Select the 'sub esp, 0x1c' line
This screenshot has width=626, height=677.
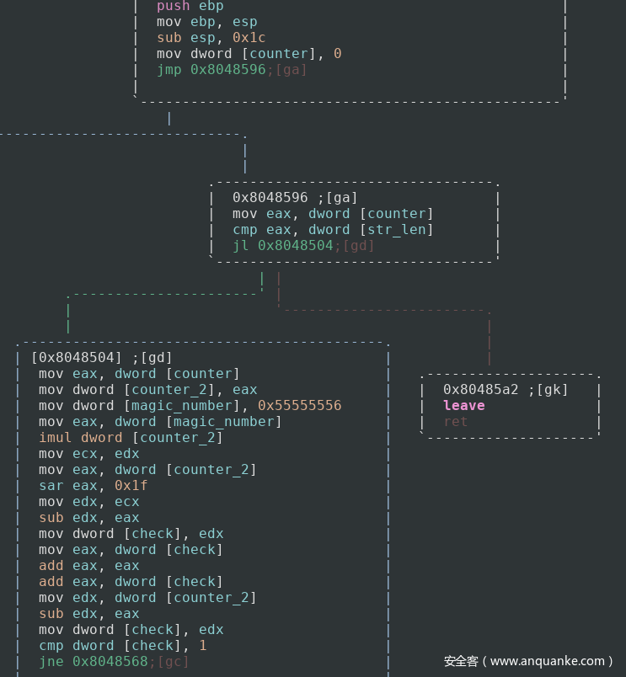211,38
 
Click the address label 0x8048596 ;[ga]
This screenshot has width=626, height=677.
295,198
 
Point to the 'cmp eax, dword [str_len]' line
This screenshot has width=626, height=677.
333,230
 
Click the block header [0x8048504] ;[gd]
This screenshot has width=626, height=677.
101,358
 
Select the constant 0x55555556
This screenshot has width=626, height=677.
299,406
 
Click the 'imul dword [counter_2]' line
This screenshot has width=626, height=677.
131,438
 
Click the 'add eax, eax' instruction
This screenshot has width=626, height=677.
88,566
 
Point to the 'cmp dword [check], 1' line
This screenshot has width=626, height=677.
122,646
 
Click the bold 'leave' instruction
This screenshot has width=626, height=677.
464,406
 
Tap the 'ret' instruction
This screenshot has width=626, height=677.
455,422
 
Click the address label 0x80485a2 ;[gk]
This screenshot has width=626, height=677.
506,390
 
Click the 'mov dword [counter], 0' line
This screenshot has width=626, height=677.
249,54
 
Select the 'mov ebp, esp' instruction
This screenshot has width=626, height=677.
206,22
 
